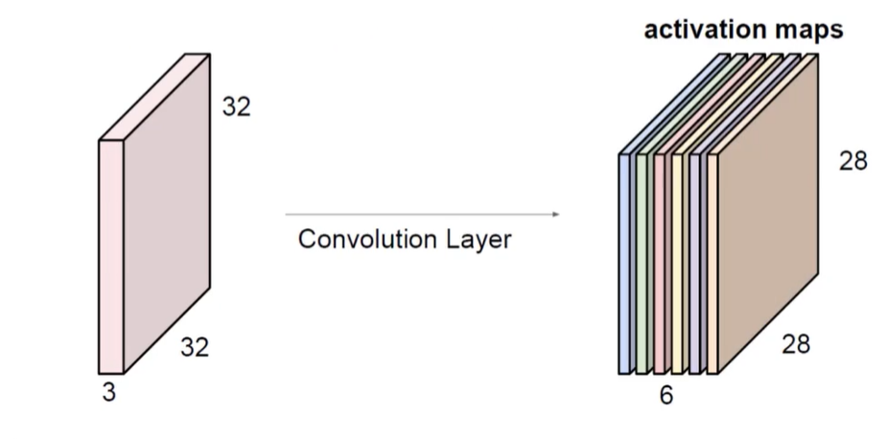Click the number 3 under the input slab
click(x=109, y=392)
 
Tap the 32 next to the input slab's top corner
click(x=236, y=106)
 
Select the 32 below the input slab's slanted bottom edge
click(x=195, y=347)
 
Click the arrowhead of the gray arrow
click(x=556, y=215)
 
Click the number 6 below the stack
click(x=666, y=395)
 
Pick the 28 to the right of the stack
click(x=852, y=161)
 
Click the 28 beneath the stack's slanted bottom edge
click(x=795, y=343)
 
